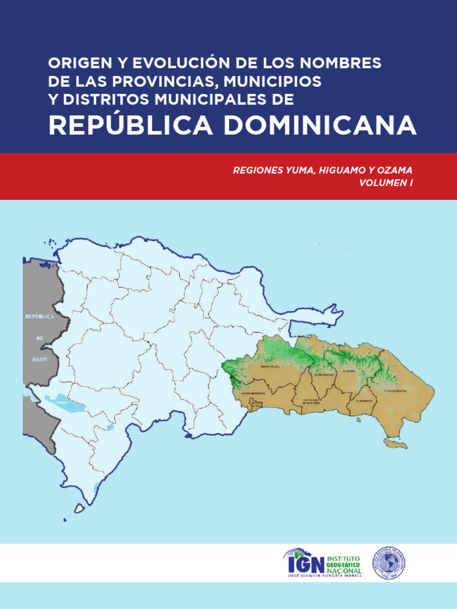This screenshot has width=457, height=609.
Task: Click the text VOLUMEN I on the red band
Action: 386,183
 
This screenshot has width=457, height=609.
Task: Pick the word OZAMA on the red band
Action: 395,170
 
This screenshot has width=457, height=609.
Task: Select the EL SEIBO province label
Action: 349,371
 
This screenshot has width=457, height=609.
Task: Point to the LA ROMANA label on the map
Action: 364,401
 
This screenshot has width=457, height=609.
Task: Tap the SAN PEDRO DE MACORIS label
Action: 312,401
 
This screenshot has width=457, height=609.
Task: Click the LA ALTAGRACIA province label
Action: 396,390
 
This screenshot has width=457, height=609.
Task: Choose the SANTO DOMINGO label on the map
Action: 253,394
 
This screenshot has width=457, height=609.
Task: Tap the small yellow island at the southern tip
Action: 78,508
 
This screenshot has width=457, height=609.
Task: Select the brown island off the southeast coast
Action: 395,444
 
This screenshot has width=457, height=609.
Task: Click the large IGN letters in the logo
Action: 306,563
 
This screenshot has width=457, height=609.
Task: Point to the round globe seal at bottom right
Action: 389,563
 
